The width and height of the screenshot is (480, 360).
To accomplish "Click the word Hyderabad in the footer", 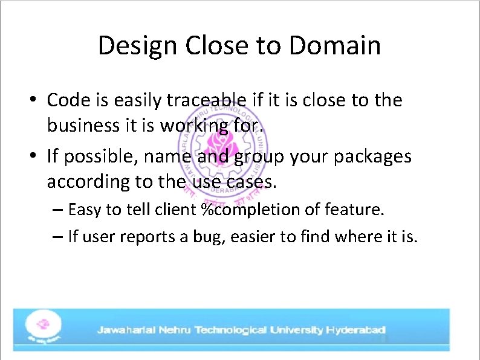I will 355,330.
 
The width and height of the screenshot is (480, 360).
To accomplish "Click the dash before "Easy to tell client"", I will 58,210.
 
